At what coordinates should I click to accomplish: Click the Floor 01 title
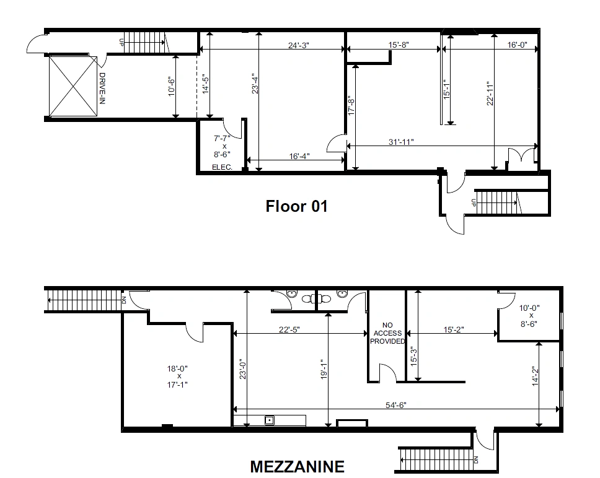296,206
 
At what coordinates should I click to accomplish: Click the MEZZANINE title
298,466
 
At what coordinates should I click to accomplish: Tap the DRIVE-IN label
102,89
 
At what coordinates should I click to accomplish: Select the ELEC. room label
222,167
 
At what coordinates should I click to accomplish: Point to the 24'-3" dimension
299,45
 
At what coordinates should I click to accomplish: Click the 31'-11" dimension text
401,142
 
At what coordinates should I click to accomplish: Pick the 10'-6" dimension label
172,87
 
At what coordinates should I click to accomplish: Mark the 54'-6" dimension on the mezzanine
395,405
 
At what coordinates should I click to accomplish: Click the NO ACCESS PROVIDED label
387,333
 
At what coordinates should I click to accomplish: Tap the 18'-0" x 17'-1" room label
177,376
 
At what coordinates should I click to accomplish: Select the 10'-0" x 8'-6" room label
529,316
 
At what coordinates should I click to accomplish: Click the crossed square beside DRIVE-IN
73,86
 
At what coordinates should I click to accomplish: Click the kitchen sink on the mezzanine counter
270,420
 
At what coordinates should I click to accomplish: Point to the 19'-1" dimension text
324,369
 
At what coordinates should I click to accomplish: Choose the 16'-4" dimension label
299,156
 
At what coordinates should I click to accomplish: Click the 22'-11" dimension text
490,93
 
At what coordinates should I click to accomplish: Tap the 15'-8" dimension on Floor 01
399,45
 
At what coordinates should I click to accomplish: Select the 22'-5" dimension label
289,329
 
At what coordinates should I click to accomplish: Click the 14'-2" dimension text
536,376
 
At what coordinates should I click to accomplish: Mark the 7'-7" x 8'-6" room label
222,146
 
